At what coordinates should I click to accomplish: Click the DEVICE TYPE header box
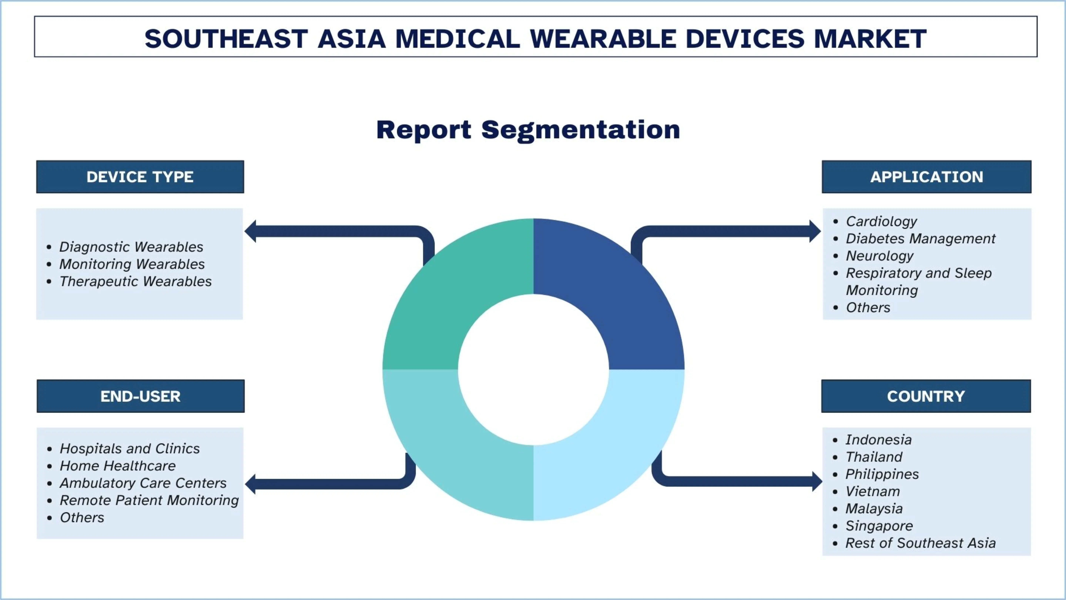(140, 177)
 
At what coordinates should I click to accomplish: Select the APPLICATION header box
(926, 177)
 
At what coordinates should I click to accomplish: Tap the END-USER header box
(140, 396)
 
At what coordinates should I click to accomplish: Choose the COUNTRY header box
(926, 396)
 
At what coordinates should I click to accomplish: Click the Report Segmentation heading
(528, 130)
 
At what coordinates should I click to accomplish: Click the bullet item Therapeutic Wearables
(135, 281)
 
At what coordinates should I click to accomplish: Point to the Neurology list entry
(879, 256)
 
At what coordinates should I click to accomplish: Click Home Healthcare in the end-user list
(118, 466)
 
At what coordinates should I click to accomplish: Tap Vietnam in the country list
(872, 491)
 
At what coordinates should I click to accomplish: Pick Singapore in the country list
(879, 526)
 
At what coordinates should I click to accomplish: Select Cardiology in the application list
(881, 221)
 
